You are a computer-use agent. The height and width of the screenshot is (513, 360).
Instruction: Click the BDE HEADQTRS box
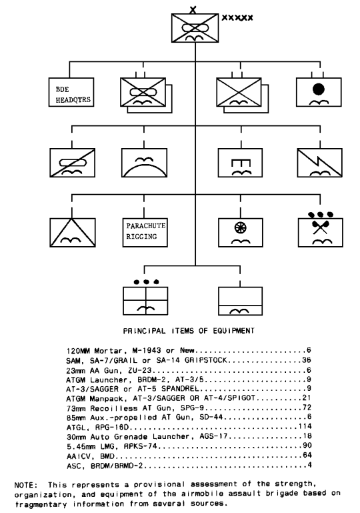(x=71, y=92)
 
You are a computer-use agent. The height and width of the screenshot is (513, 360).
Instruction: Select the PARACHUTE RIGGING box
(x=145, y=233)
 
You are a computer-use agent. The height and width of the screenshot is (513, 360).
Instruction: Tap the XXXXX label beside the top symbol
(x=237, y=17)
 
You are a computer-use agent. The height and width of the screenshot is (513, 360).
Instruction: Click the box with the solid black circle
(x=319, y=92)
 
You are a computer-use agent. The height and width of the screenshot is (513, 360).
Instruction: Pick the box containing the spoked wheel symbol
(x=240, y=233)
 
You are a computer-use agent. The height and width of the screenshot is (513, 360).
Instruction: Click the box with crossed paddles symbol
(x=321, y=233)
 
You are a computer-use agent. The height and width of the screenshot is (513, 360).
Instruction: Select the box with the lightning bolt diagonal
(x=320, y=163)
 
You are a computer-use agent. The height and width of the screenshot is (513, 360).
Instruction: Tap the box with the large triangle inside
(x=73, y=233)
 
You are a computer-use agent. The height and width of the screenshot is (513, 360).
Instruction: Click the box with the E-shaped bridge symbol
(x=240, y=163)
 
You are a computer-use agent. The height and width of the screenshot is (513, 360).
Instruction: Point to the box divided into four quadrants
(x=145, y=301)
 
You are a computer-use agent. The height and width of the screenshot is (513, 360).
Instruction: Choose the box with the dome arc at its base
(x=145, y=163)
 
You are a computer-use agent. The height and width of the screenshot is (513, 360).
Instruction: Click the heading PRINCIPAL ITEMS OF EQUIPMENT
(x=189, y=331)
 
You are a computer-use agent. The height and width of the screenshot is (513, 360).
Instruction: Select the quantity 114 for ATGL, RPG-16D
(x=305, y=426)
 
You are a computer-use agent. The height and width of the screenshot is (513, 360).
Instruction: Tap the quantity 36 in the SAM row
(x=307, y=360)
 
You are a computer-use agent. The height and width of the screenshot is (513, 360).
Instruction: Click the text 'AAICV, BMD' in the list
(x=91, y=456)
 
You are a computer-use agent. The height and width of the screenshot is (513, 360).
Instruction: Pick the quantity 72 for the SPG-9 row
(x=307, y=408)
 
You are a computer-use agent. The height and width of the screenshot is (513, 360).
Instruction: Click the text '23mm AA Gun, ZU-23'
(x=109, y=371)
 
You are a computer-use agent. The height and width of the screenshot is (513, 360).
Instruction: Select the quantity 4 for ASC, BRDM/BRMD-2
(x=309, y=465)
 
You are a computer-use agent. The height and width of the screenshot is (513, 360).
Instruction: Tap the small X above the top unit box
(x=193, y=10)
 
